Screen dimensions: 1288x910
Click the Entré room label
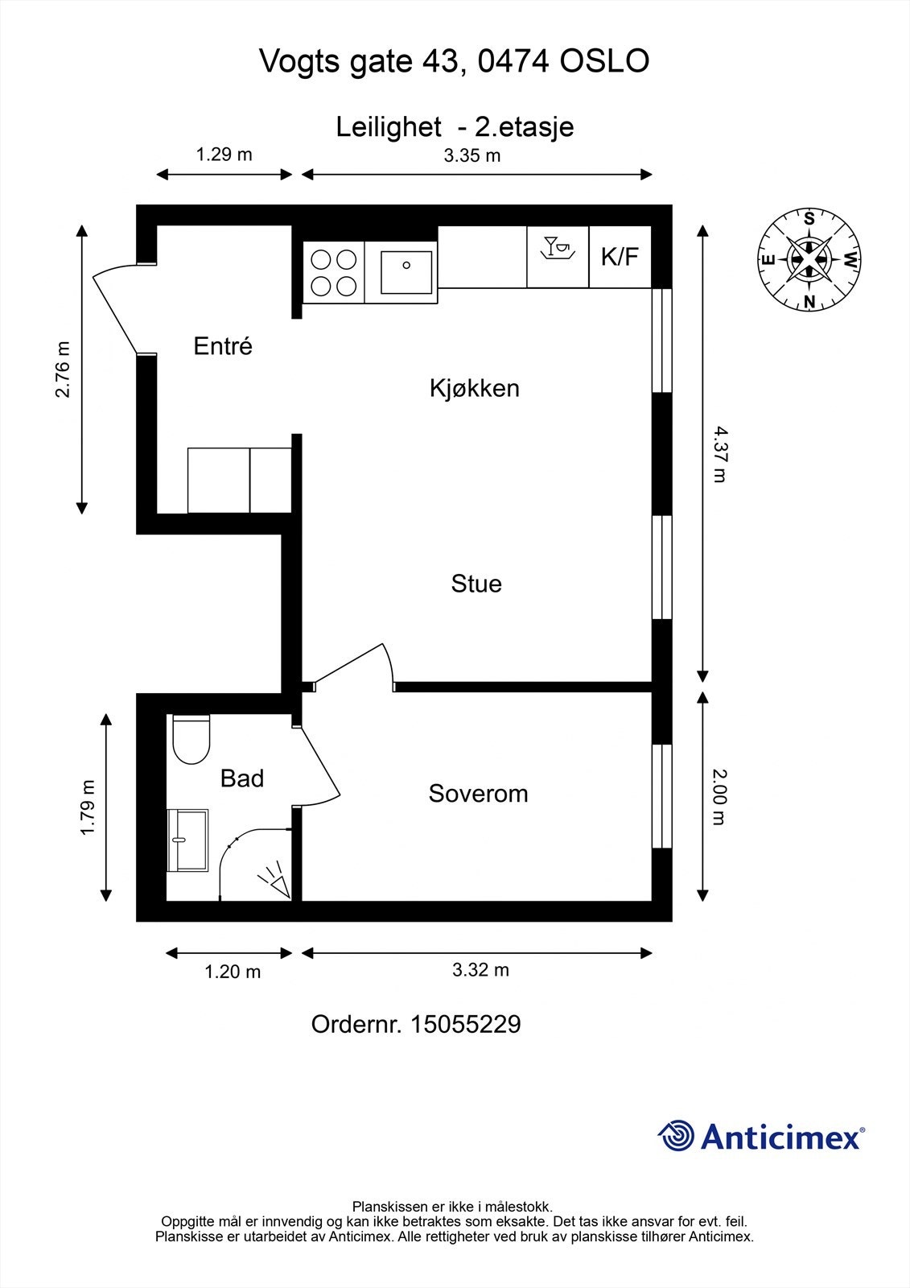coord(223,346)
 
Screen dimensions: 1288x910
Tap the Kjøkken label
coord(474,388)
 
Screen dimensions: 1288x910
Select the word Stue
coord(476,583)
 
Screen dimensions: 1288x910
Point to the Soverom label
coord(478,794)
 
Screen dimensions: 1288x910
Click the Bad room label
coord(241,778)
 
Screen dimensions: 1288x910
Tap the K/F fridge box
coord(620,257)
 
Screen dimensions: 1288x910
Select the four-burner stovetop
coord(334,272)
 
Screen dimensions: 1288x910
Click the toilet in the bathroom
coord(191,740)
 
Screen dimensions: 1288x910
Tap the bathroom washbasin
coord(187,840)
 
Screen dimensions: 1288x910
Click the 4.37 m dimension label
coord(719,455)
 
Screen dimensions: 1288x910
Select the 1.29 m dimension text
coord(224,154)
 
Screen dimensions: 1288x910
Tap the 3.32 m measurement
coord(480,970)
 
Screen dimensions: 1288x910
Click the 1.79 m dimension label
coord(88,807)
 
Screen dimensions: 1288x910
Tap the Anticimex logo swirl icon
coord(676,1136)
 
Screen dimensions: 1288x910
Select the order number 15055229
coord(465,1025)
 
